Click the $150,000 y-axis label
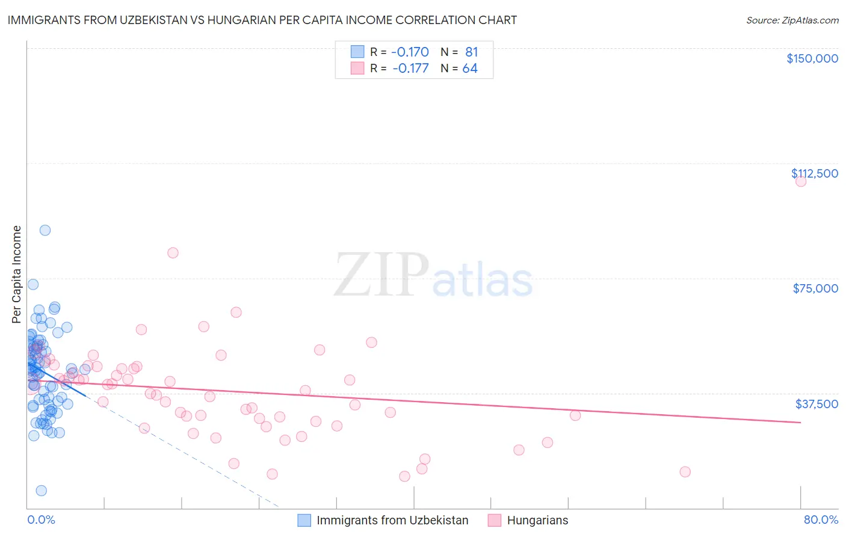812,58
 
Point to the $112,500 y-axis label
814,173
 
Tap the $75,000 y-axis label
815,288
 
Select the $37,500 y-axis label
816,404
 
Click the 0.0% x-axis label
41,520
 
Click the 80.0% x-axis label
821,520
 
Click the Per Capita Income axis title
17,275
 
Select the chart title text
262,20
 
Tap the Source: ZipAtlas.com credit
792,20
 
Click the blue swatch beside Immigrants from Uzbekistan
304,520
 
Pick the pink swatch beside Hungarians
495,520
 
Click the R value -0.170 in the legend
410,52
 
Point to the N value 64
469,69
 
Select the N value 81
471,52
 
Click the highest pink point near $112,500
800,181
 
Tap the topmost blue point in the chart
45,230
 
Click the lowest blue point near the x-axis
41,491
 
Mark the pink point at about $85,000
173,253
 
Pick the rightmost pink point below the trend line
685,471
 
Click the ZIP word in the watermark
381,275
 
